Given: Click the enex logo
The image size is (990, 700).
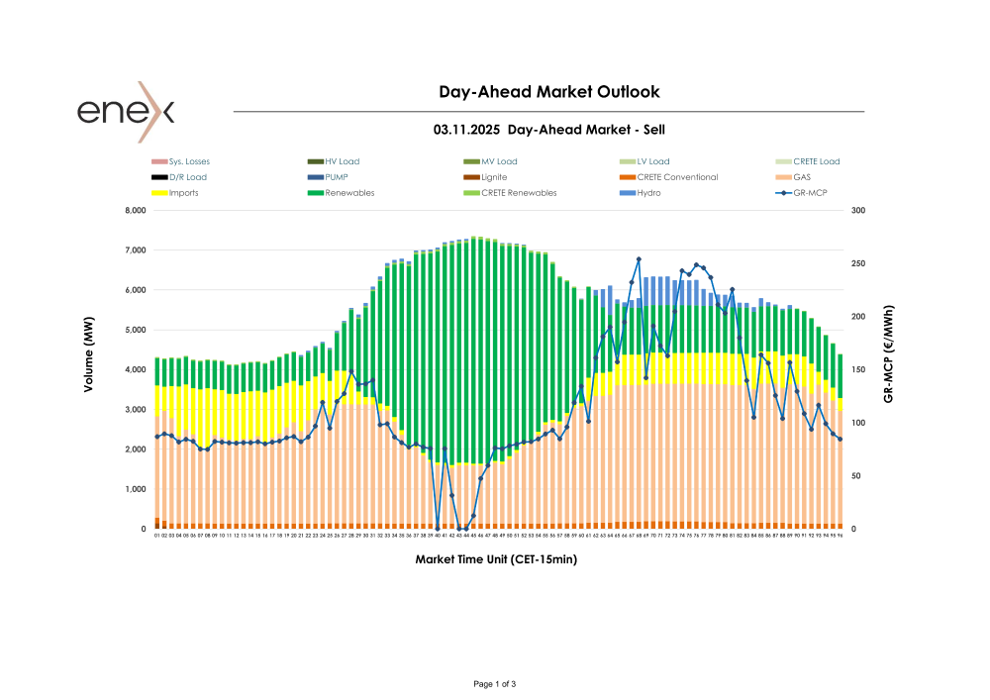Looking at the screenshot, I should (x=126, y=111).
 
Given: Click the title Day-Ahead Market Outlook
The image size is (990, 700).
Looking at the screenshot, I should (x=548, y=92).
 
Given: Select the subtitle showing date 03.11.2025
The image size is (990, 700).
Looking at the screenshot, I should (x=548, y=130).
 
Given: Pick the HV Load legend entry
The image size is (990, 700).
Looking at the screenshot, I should (x=343, y=161).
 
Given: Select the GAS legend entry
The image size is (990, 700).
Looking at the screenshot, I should (x=802, y=177).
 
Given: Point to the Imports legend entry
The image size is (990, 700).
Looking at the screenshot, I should (x=183, y=193).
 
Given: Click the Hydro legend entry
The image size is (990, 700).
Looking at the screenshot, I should (x=648, y=193).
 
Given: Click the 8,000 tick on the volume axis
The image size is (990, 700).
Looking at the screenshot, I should (x=133, y=211).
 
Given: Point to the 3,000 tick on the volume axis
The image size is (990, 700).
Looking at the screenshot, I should (x=133, y=410).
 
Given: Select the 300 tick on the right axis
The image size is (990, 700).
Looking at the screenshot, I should (x=857, y=211).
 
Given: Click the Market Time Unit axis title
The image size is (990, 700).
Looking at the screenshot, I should (x=496, y=559).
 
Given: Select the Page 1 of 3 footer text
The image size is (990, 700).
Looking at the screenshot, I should (x=495, y=684).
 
